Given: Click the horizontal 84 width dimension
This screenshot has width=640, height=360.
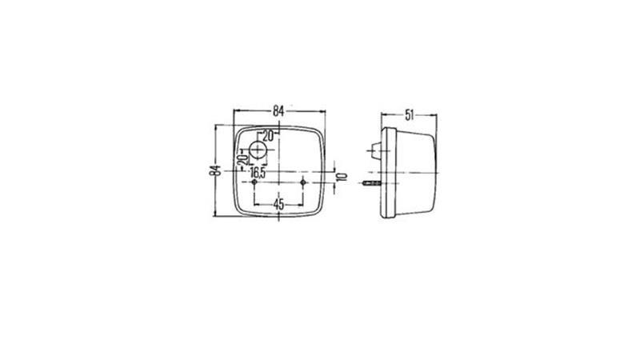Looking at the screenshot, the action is point(278,110).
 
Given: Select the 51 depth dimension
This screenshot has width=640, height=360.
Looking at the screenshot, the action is point(409,115).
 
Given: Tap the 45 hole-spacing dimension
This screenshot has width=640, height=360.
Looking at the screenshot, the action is point(278,204).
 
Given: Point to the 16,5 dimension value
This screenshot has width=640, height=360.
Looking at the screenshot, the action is point(258,172).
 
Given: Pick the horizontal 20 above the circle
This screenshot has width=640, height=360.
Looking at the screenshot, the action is point(268,136).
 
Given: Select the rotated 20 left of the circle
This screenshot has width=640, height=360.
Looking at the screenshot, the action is point(242,159).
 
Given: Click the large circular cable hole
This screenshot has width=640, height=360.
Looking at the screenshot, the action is point(258,150).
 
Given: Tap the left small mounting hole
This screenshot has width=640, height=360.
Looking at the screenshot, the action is point(254,182).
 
